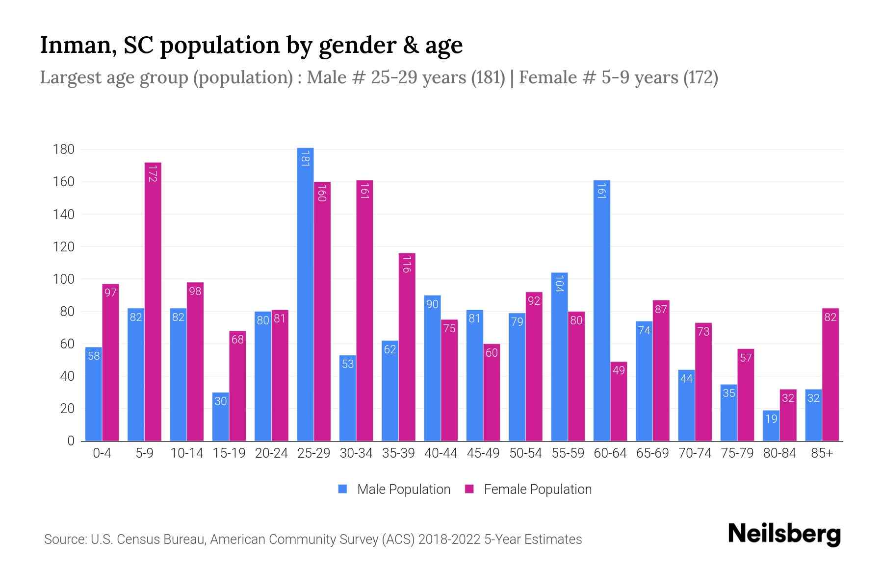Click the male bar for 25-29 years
point(305,294)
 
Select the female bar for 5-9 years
point(153,301)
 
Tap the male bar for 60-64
point(601,311)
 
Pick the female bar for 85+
point(830,375)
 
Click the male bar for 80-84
point(771,426)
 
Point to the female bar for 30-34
point(364,311)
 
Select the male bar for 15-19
point(221,417)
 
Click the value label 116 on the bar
point(407,264)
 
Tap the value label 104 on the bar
point(559,284)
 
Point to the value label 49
point(619,370)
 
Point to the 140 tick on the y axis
point(64,214)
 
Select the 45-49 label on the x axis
point(483,453)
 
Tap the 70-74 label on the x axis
point(695,453)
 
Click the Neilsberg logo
point(784,534)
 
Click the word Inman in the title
point(78,45)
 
